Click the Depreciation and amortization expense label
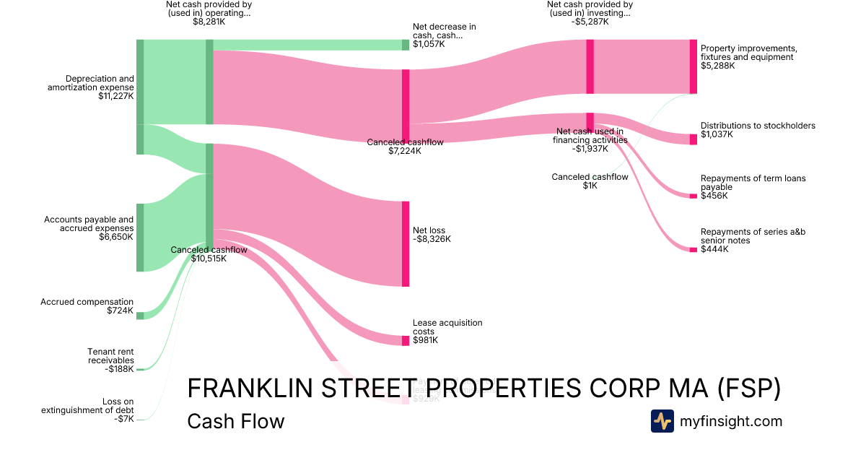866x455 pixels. coord(91,87)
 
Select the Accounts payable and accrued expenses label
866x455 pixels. coord(89,227)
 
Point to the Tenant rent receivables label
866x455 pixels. coord(110,360)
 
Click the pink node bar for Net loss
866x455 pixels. coord(406,243)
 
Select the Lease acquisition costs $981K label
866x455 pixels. coord(447,331)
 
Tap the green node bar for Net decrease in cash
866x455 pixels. coord(406,45)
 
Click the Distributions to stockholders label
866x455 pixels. coord(758,129)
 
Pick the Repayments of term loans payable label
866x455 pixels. coord(753,186)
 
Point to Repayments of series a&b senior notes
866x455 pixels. coord(753,240)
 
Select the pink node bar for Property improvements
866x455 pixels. coord(693,66)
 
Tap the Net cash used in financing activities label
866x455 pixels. coord(590,140)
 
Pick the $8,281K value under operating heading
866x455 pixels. coord(209,22)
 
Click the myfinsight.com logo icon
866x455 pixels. coord(662,421)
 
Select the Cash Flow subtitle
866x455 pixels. coord(236,421)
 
